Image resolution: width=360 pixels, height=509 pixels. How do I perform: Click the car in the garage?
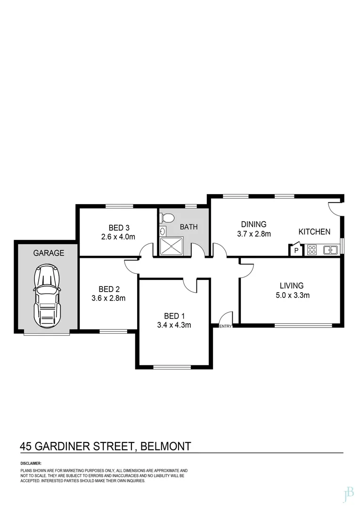coord(47,296)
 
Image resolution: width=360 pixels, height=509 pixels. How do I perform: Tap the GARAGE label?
coord(49,253)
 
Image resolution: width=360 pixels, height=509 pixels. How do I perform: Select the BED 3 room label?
coord(112,227)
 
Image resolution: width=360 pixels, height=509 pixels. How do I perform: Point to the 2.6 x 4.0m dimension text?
coord(118,237)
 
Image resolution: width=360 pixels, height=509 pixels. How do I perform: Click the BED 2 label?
coord(108,289)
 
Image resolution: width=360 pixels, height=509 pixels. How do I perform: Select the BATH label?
coord(188,227)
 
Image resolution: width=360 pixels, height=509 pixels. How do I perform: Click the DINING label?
coord(254,224)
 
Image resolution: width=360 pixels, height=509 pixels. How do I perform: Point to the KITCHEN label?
coord(314,232)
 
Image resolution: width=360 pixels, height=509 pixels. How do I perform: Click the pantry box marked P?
coord(296,250)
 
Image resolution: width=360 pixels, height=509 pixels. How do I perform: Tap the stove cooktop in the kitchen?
coord(312,250)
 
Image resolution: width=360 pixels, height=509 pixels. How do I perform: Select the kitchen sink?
coord(330,250)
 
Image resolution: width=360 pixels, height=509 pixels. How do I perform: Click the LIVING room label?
coord(292,286)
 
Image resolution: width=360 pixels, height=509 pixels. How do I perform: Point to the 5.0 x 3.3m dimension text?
coord(292,296)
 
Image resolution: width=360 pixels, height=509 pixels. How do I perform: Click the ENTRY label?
coord(226,326)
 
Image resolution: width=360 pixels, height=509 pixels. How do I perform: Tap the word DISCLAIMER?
coord(31,463)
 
